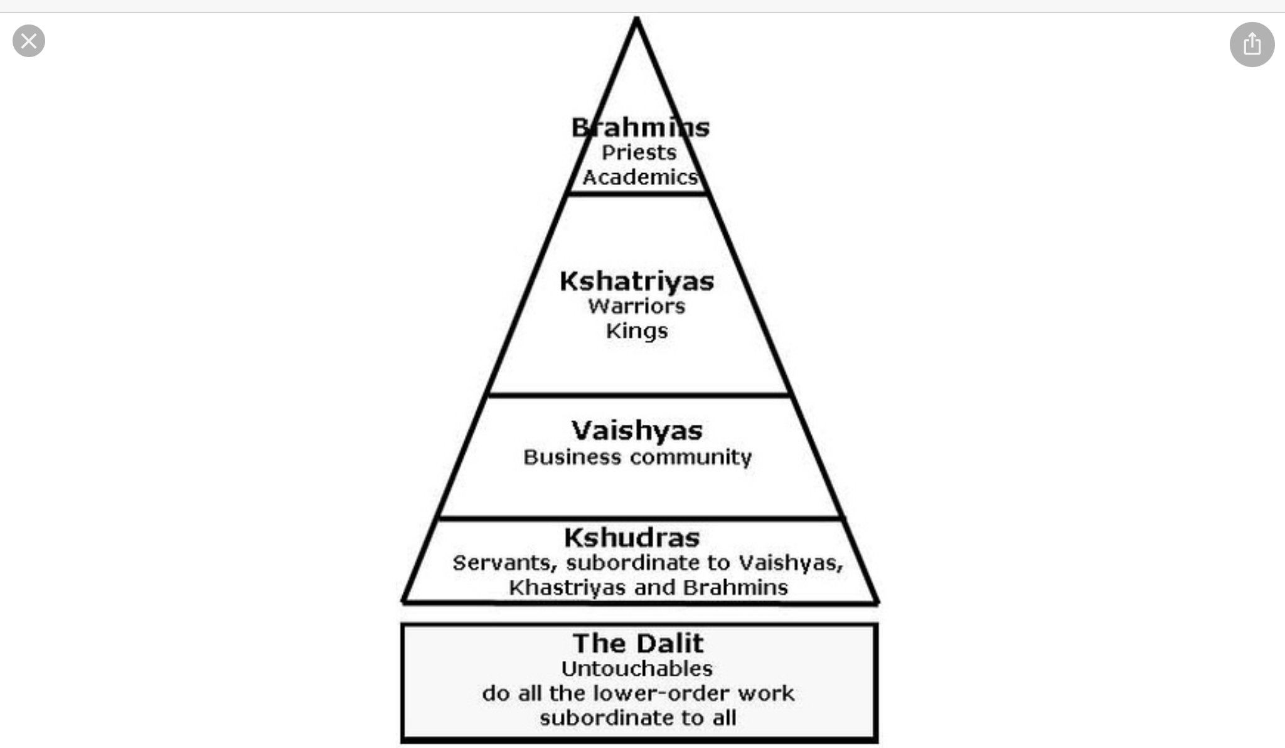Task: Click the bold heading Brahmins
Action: click(x=640, y=128)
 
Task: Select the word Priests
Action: click(x=639, y=152)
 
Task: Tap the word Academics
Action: click(x=640, y=178)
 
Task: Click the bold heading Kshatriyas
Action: click(x=637, y=282)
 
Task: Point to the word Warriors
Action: click(x=637, y=306)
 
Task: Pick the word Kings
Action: click(x=637, y=331)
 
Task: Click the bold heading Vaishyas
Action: click(x=637, y=431)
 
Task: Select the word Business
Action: click(x=572, y=457)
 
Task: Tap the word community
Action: click(x=690, y=457)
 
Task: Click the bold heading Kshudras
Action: click(x=632, y=538)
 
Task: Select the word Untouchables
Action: click(x=637, y=669)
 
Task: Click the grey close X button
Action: click(x=29, y=41)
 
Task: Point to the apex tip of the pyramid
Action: click(x=636, y=19)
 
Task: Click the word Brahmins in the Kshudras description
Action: click(x=735, y=588)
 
